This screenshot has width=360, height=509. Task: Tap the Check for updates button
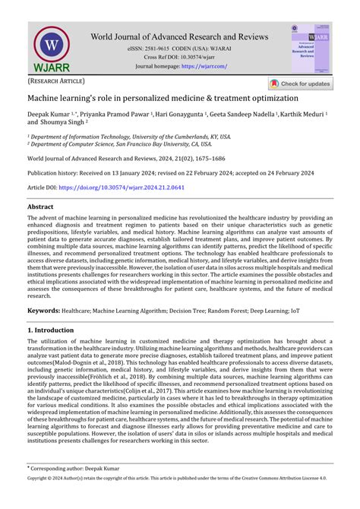point(300,84)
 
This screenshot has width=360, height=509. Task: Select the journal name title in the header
point(179,36)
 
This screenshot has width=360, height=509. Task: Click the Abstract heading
point(40,207)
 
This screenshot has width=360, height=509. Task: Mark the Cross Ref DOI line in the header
point(179,57)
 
